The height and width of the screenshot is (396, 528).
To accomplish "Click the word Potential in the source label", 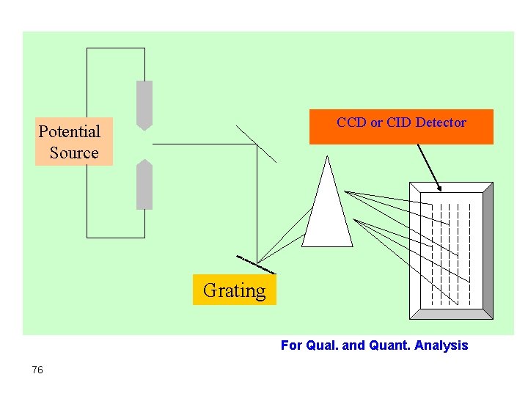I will click(x=69, y=132).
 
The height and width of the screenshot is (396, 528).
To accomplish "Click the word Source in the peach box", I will click(x=74, y=153).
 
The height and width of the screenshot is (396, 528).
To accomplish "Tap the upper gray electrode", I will click(x=144, y=103).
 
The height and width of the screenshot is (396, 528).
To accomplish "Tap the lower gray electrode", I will click(x=144, y=185).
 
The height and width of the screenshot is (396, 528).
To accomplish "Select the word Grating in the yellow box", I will click(x=234, y=290).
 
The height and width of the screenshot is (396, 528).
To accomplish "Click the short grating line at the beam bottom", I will click(x=255, y=264).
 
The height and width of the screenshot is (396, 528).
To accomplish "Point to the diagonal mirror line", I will click(x=257, y=144).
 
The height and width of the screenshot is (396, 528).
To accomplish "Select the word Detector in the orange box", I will click(x=440, y=122).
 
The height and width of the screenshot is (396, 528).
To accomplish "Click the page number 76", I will click(x=37, y=370).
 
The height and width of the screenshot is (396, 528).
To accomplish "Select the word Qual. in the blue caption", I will click(x=323, y=345).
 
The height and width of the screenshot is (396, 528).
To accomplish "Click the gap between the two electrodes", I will click(x=144, y=144).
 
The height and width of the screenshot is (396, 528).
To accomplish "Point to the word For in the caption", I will click(x=291, y=345).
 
